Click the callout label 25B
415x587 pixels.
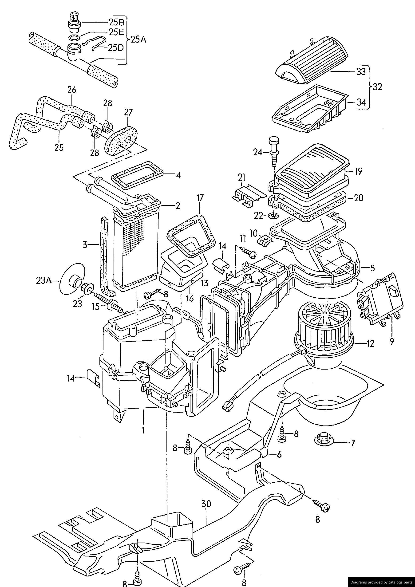pos(116,23)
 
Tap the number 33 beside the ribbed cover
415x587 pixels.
pos(361,72)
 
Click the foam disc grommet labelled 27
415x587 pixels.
pos(122,141)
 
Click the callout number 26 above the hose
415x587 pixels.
pos(72,90)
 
